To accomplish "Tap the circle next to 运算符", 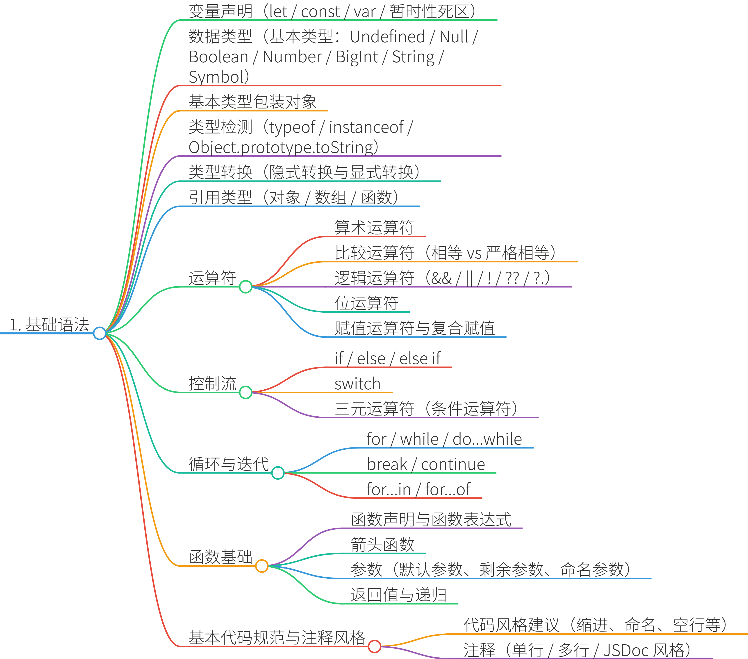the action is pos(246,287).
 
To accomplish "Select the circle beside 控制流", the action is pos(246,392).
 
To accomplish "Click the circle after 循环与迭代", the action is pos(278,473).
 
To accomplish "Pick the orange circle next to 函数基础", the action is pos(262,566).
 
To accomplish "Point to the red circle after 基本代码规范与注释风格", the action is pos(374,646).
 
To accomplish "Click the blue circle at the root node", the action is pos(100,333).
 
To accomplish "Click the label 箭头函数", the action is pos(382,544).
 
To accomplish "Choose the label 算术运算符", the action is pos(374,228).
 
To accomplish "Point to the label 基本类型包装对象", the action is pos(252,102).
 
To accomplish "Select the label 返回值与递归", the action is pos(398,595).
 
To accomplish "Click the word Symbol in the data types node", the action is pos(216,77).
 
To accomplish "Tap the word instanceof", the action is pos(366,127).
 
